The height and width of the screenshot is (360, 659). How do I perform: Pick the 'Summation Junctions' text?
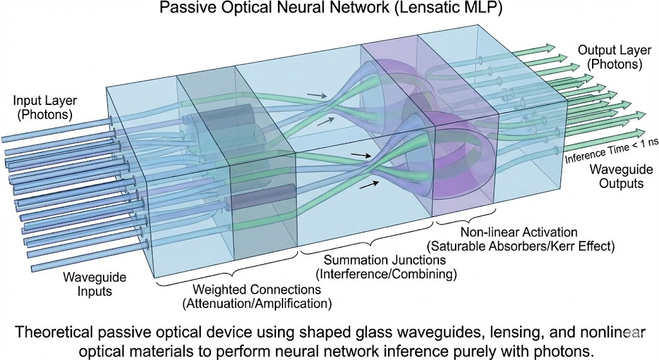pyautogui.click(x=367, y=261)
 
